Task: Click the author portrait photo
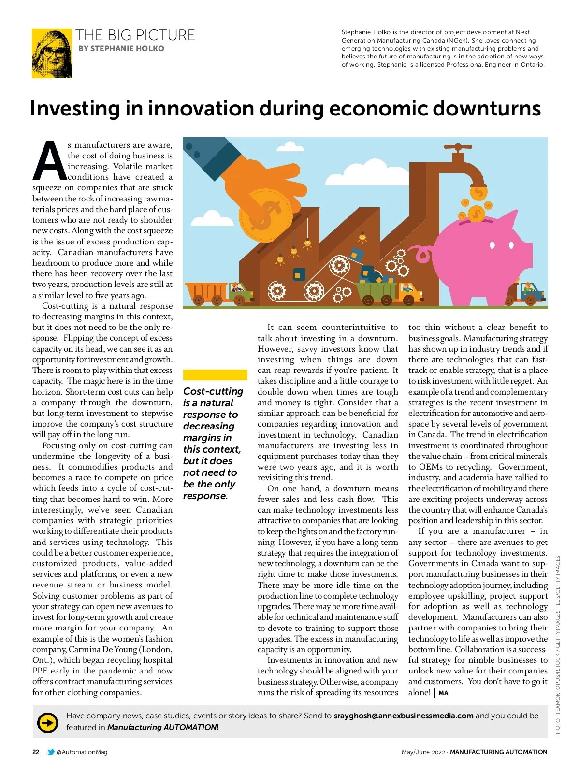click(x=52, y=53)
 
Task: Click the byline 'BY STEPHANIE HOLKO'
click(x=121, y=49)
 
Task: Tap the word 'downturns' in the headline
click(x=486, y=109)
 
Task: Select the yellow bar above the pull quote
click(x=215, y=375)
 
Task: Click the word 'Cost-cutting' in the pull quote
click(x=213, y=391)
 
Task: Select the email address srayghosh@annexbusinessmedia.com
click(x=404, y=716)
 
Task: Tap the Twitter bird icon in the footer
click(x=51, y=752)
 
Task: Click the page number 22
click(x=36, y=752)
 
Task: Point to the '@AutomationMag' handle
click(x=82, y=752)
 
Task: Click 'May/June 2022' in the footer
click(x=423, y=752)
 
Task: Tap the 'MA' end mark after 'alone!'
click(x=443, y=693)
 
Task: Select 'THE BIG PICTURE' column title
click(x=135, y=35)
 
